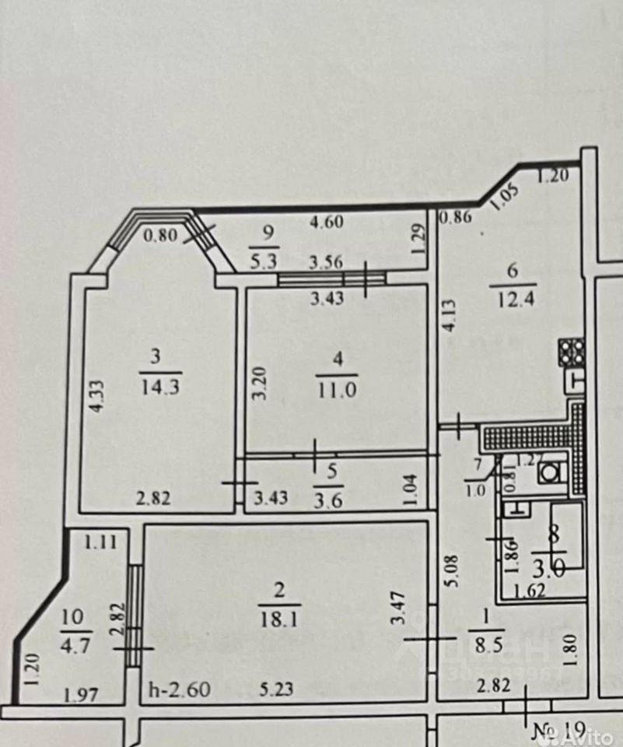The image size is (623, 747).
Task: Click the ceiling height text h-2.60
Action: tap(180, 690)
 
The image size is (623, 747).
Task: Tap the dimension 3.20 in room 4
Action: tap(262, 383)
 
